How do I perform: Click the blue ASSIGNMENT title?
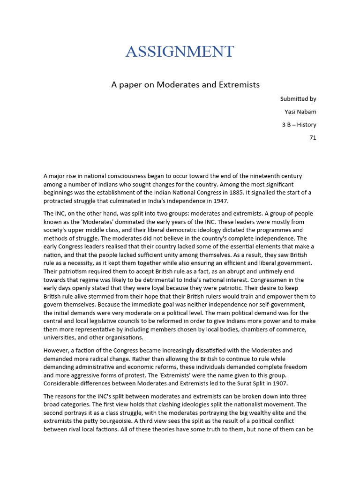point(180,51)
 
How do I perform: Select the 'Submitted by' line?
point(298,99)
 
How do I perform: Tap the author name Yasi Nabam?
point(300,112)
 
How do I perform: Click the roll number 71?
point(313,138)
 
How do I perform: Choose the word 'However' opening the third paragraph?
point(56,350)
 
